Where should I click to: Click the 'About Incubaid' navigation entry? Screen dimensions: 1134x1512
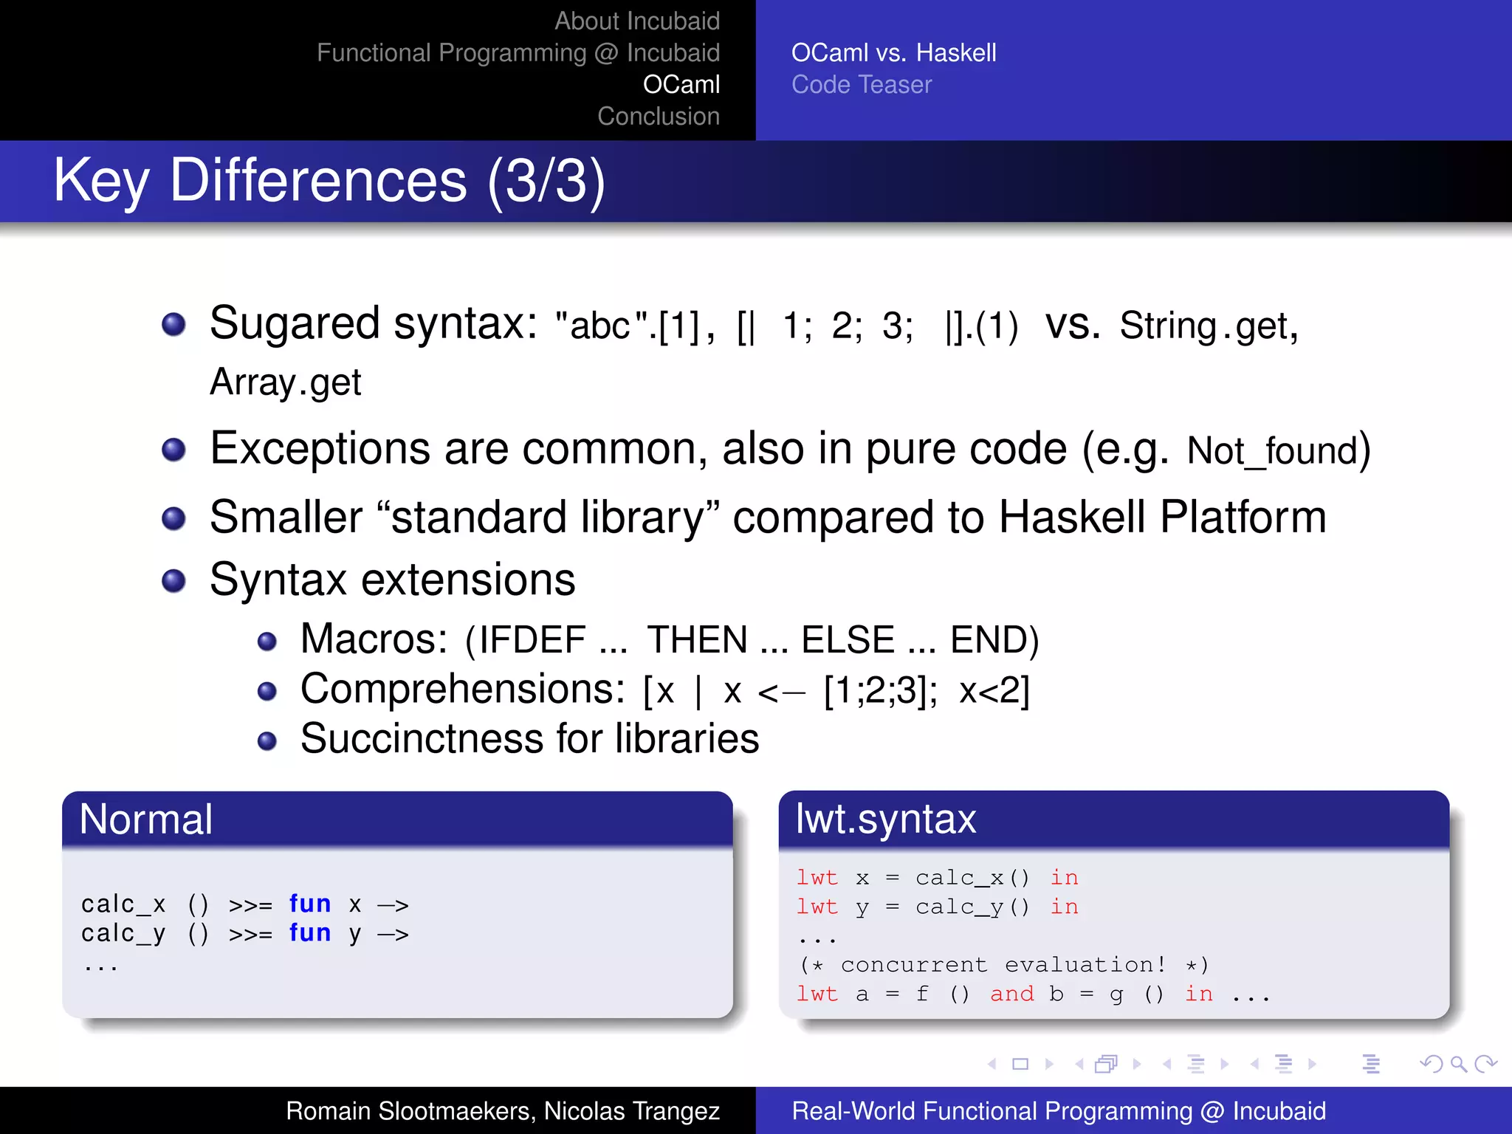(636, 21)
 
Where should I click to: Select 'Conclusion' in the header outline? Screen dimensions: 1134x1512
(658, 117)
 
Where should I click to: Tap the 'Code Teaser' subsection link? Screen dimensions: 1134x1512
(861, 85)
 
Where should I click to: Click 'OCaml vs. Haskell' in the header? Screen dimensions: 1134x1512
(893, 53)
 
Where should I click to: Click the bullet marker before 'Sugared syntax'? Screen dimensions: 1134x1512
(173, 324)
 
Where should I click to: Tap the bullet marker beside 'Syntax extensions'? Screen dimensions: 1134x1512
(173, 581)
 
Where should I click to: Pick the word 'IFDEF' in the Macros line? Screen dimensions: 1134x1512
(532, 639)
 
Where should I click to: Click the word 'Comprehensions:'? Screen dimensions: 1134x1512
(463, 690)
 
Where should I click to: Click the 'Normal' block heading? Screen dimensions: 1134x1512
(146, 819)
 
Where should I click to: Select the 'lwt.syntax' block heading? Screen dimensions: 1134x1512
(885, 819)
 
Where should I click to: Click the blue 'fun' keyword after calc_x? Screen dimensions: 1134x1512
(309, 904)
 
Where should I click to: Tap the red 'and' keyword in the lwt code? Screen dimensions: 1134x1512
(1011, 994)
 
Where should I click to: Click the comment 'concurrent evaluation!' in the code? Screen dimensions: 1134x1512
(1003, 964)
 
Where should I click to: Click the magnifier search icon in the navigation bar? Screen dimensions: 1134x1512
(1458, 1064)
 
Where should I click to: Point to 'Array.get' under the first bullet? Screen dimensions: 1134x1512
(286, 382)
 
